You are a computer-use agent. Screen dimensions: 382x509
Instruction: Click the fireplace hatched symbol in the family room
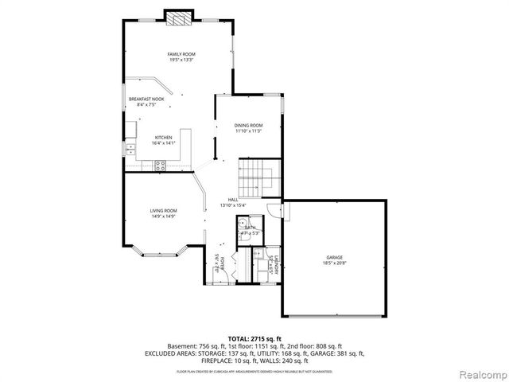[178, 20]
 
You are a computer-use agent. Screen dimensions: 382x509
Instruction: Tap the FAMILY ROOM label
[181, 53]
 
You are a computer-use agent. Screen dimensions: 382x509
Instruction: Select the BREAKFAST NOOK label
[146, 99]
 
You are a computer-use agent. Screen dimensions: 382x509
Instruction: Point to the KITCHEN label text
[163, 137]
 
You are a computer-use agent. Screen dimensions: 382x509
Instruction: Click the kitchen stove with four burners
[160, 166]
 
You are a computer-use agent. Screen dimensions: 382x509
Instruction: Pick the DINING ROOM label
[248, 125]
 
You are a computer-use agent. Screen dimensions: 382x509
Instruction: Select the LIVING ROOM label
[163, 210]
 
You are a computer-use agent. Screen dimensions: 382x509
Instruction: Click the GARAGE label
[334, 257]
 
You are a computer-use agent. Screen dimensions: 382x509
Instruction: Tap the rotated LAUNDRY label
[272, 264]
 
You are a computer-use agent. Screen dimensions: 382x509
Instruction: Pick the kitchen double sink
[130, 147]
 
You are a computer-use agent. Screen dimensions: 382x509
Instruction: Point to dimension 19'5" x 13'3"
[181, 60]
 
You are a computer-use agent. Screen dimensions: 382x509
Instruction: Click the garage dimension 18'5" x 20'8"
[334, 263]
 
